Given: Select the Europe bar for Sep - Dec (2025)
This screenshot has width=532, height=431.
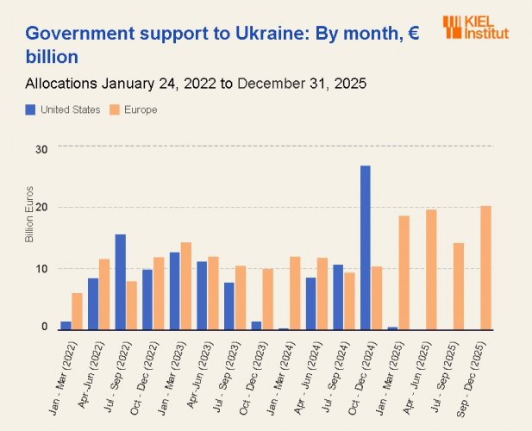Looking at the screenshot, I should point(486,268).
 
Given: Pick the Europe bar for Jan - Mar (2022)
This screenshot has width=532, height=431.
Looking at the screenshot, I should point(77,311).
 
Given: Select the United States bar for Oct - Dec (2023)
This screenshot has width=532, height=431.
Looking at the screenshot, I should point(256,325).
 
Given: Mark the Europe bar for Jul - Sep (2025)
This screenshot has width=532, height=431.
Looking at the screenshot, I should point(459,286).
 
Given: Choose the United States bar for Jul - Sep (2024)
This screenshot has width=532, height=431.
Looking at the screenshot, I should point(338,297).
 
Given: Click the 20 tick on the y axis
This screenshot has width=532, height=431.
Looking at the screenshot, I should point(41,208).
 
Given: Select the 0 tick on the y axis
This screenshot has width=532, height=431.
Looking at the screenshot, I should point(44,328).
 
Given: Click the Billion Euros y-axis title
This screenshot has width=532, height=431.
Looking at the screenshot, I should point(29,214).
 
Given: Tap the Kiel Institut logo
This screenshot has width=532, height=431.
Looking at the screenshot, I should point(476,28).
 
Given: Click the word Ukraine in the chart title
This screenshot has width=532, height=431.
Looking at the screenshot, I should point(241,34).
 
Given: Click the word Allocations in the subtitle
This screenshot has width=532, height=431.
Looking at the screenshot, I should point(61,84).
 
